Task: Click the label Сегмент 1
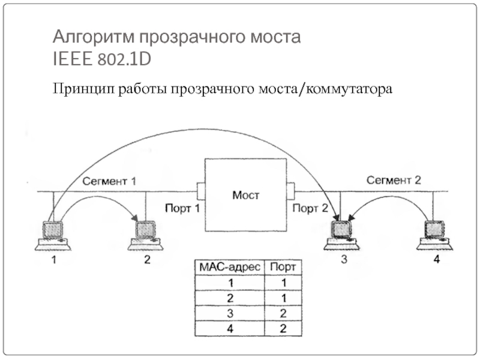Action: click(110, 180)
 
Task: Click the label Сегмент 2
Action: click(394, 179)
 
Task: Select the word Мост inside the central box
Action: click(245, 195)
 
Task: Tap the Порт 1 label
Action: click(182, 208)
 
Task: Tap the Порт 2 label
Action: click(310, 208)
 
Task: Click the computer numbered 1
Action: click(53, 235)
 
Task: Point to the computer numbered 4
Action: click(434, 235)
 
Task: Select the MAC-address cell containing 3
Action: click(230, 313)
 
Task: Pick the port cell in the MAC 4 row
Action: click(284, 328)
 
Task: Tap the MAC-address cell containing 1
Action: click(230, 282)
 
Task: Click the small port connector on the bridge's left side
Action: click(201, 191)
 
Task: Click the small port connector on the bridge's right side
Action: click(290, 191)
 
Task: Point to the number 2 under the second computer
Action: click(148, 260)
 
